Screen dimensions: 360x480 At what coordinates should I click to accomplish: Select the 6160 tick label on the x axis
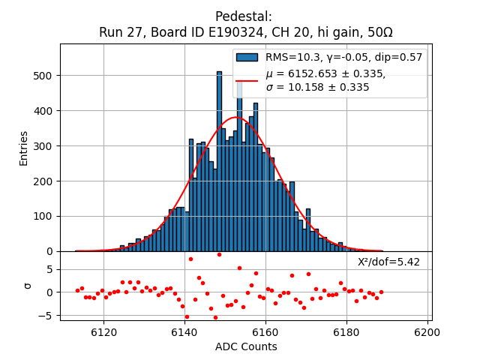pos(265,331)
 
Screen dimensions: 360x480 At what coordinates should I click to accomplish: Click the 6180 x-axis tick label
pos(346,331)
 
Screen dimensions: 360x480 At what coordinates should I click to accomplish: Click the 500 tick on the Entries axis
pos(44,76)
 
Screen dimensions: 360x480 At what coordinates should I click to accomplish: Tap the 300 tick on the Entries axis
pos(44,146)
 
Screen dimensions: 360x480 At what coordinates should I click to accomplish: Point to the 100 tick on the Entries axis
pos(44,216)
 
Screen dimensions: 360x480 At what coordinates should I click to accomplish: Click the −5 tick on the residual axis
pos(48,316)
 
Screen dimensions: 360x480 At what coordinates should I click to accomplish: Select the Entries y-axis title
pos(24,148)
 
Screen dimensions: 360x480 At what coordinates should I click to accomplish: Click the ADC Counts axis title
pos(246,346)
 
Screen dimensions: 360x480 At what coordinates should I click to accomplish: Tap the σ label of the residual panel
pos(28,286)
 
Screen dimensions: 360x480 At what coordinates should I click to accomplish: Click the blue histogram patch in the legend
pos(247,57)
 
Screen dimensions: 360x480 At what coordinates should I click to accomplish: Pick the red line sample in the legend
pos(247,80)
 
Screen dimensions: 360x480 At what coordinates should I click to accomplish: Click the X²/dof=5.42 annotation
pos(388,262)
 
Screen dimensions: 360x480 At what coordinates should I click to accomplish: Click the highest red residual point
pos(219,254)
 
